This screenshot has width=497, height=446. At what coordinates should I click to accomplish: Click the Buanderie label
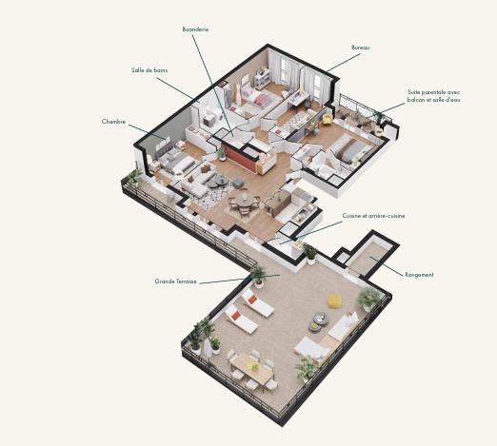coord(195,29)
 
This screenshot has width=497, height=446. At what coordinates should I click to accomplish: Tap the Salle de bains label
coord(149,70)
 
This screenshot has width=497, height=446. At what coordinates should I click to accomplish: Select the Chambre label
coord(113,122)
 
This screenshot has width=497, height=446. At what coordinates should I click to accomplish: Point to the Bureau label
coord(360,47)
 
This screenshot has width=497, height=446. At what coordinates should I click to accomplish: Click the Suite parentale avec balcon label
coord(433,95)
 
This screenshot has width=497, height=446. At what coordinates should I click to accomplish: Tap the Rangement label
coord(419,275)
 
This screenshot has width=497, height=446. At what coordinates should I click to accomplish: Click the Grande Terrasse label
coord(175,281)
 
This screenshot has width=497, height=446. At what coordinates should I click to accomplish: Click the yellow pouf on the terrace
coord(334,301)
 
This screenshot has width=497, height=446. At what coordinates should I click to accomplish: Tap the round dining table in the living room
coord(245,199)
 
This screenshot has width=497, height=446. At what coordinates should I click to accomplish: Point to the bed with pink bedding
coord(256,96)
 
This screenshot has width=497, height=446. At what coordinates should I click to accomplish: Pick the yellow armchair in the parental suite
coord(328,119)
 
